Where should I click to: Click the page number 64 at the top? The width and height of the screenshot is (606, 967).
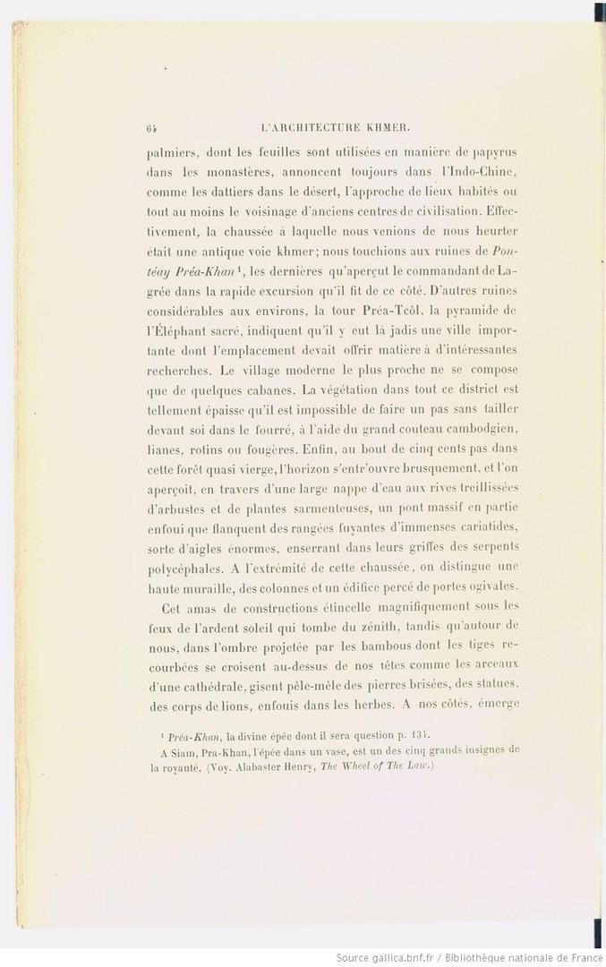click(150, 127)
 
